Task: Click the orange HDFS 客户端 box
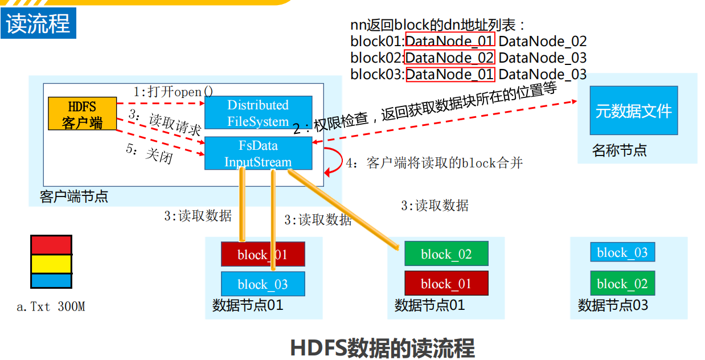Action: pyautogui.click(x=82, y=114)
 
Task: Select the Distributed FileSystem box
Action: pyautogui.click(x=258, y=113)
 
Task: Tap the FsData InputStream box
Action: pyautogui.click(x=258, y=153)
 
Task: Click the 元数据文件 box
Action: pyautogui.click(x=633, y=111)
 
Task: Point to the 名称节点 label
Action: pyautogui.click(x=619, y=151)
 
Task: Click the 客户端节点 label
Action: pyautogui.click(x=74, y=197)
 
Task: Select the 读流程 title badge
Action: pyautogui.click(x=38, y=23)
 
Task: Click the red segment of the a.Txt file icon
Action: pyautogui.click(x=51, y=245)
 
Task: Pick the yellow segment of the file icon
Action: pyautogui.click(x=51, y=264)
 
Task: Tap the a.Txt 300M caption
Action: pyautogui.click(x=51, y=307)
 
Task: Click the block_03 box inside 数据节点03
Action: pyautogui.click(x=622, y=252)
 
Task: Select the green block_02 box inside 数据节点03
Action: pyautogui.click(x=622, y=284)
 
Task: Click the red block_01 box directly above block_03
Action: pyautogui.click(x=263, y=254)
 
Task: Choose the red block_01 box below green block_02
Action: pyautogui.click(x=446, y=283)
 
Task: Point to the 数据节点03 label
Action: pyautogui.click(x=613, y=305)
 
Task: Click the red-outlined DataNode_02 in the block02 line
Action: pyautogui.click(x=449, y=58)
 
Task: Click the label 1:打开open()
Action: pyautogui.click(x=174, y=92)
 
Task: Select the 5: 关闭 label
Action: pyautogui.click(x=149, y=153)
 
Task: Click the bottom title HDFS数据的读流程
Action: pyautogui.click(x=382, y=347)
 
